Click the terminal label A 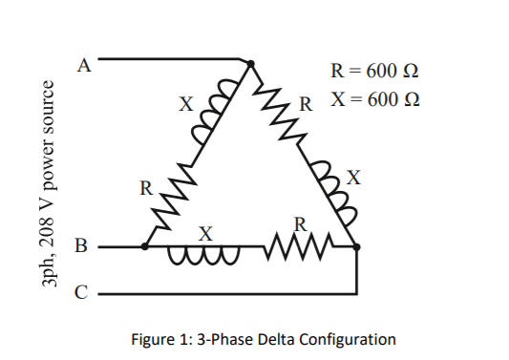[x=84, y=65]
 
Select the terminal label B [x=84, y=247]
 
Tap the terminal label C [x=84, y=292]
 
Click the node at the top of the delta [x=250, y=65]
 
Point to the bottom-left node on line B [x=144, y=246]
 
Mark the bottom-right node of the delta [x=357, y=246]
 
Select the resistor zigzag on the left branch [x=172, y=196]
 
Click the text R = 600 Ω [x=374, y=71]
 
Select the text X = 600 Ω [x=374, y=99]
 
